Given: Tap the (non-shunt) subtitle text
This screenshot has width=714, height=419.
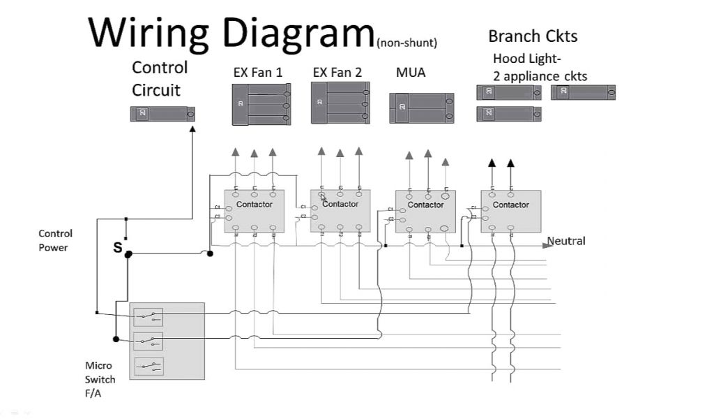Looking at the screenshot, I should [x=407, y=43].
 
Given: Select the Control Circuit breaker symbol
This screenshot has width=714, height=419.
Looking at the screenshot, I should [x=162, y=114].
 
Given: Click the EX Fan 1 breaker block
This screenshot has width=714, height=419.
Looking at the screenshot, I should [x=261, y=104].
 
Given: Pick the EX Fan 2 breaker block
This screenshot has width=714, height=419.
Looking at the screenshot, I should [x=340, y=103].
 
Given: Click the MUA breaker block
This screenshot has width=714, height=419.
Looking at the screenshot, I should [x=421, y=108].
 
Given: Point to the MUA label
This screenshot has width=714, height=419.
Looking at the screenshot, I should [x=410, y=72].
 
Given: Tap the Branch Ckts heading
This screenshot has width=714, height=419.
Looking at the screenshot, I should [x=533, y=36].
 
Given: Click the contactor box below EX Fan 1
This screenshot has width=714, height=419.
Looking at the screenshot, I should [x=254, y=211].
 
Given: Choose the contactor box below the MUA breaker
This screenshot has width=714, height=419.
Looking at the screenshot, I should [x=425, y=211].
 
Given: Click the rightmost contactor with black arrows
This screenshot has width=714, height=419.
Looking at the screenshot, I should [x=510, y=211].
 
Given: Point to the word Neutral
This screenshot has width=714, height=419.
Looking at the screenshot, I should [x=566, y=241].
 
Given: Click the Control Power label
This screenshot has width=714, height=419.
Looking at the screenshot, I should [x=55, y=240].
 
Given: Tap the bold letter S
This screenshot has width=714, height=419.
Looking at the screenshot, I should [x=118, y=248].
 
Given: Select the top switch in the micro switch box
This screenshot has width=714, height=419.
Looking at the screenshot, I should [x=148, y=317].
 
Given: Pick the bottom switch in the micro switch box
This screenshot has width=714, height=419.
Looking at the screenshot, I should [x=148, y=365].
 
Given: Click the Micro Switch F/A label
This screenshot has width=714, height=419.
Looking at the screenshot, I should [x=100, y=379].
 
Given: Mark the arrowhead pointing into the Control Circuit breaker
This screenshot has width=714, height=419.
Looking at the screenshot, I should [x=192, y=128].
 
